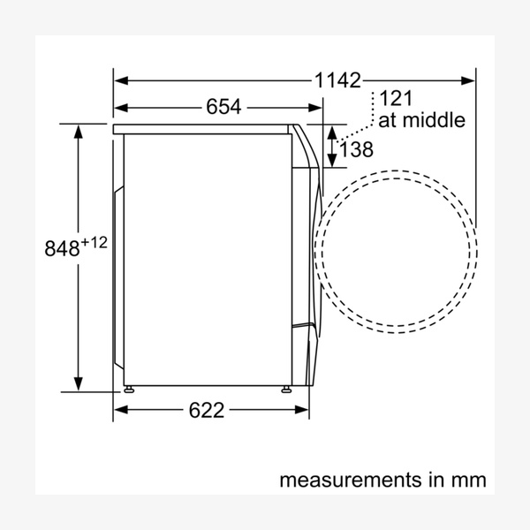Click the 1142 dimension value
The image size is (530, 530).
(337, 80)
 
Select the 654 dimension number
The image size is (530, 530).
(223, 107)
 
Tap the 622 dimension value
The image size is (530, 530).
(206, 410)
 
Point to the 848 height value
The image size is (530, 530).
(62, 248)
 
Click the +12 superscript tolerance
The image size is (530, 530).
(95, 242)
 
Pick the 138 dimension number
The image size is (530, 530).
(356, 149)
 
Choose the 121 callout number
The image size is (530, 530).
(396, 98)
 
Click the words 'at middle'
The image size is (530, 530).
(421, 119)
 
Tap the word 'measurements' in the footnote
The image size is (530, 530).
(350, 480)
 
